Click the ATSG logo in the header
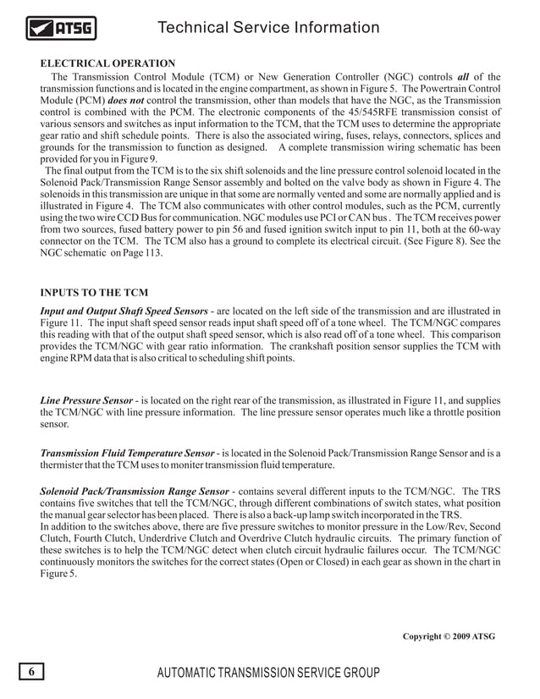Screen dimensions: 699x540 pyautogui.click(x=62, y=31)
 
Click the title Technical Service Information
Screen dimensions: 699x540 pyautogui.click(x=268, y=28)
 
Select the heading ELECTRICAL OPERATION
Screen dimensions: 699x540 pyautogui.click(x=107, y=63)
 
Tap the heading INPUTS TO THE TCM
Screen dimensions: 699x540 pyautogui.click(x=95, y=294)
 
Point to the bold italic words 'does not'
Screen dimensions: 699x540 pyautogui.click(x=128, y=100)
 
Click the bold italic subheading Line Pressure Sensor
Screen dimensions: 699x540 pyautogui.click(x=86, y=399)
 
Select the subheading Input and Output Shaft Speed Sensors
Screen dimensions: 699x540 pyautogui.click(x=124, y=310)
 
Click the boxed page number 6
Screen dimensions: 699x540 pyautogui.click(x=31, y=673)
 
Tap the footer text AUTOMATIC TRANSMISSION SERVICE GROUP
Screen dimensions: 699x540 pyautogui.click(x=268, y=674)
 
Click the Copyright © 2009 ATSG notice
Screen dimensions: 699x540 pyautogui.click(x=449, y=636)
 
